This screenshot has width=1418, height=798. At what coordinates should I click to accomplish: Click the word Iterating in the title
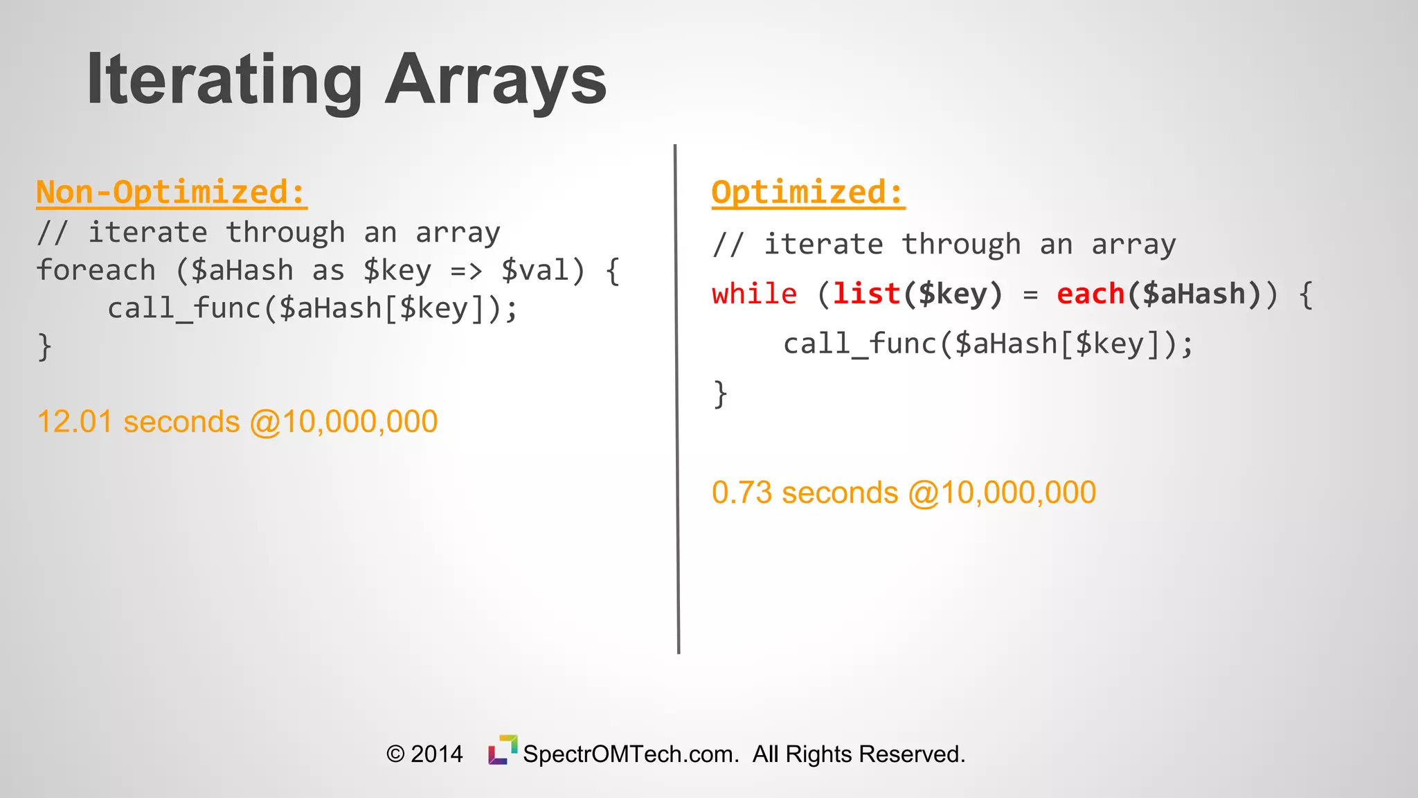224,80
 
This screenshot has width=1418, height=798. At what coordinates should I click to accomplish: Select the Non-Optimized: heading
171,192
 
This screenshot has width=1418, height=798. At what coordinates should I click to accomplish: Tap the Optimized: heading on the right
807,192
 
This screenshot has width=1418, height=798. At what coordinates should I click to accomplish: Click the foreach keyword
96,270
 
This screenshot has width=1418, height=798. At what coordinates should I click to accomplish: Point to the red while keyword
754,294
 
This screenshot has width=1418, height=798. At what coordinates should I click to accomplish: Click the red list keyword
866,294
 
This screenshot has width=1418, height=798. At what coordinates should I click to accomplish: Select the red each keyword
1091,294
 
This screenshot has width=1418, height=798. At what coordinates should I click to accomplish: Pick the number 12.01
74,422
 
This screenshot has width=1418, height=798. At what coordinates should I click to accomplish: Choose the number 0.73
742,493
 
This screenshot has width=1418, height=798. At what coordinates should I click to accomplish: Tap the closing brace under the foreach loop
45,346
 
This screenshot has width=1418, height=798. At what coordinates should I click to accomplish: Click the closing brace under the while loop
721,394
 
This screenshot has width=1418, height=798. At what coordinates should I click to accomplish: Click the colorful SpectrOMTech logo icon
503,750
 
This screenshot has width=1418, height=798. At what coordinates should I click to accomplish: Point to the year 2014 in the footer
437,754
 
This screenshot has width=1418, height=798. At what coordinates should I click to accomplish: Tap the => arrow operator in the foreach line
466,271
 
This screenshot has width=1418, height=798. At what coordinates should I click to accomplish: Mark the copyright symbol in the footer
395,754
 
